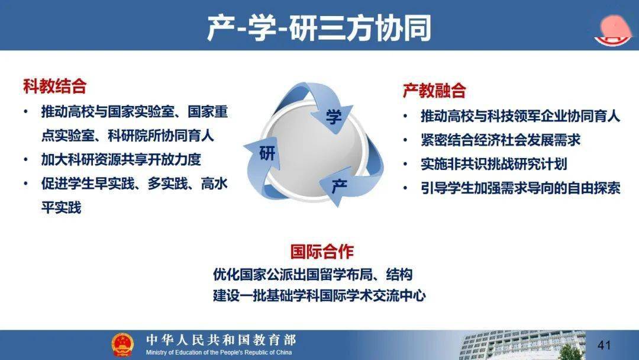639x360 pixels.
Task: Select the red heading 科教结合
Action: pyautogui.click(x=55, y=86)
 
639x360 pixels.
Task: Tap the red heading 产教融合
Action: pyautogui.click(x=434, y=90)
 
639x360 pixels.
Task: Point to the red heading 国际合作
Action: pyautogui.click(x=322, y=252)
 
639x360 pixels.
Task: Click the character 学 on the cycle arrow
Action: pyautogui.click(x=334, y=117)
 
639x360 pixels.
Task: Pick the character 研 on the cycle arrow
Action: pyautogui.click(x=267, y=153)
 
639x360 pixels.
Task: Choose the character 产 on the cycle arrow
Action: pyautogui.click(x=340, y=187)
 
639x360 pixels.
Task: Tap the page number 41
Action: pyautogui.click(x=604, y=345)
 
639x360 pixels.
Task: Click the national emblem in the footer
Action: pyautogui.click(x=122, y=345)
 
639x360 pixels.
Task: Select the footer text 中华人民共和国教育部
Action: pyautogui.click(x=221, y=340)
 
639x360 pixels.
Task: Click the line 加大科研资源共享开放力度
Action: pyautogui.click(x=121, y=159)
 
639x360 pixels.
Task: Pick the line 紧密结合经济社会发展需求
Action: pyautogui.click(x=501, y=140)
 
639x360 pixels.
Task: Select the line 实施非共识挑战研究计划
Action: pyautogui.click(x=493, y=164)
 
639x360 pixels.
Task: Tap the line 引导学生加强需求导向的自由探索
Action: pyautogui.click(x=521, y=188)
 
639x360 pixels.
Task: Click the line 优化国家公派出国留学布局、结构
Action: pyautogui.click(x=312, y=274)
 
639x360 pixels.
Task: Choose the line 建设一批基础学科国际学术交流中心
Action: pyautogui.click(x=319, y=295)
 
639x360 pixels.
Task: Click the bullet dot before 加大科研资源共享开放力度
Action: pyautogui.click(x=25, y=159)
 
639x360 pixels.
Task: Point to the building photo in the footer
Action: pyautogui.click(x=522, y=345)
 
